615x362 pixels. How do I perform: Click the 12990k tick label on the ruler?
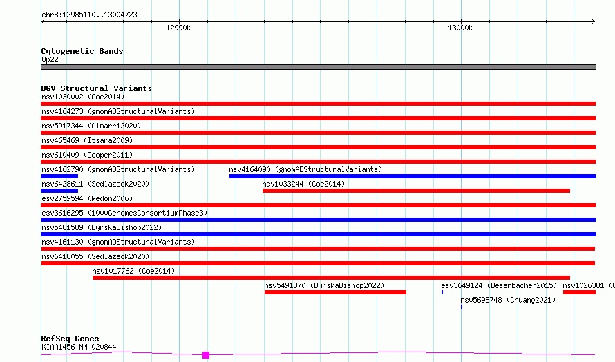coord(178,28)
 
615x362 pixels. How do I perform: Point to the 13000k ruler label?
coord(460,28)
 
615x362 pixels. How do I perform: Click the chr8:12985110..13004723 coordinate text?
coord(89,15)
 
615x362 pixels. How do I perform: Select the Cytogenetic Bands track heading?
coord(82,51)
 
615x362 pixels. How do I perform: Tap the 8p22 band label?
coord(50,59)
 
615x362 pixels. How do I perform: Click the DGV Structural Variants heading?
coord(97,88)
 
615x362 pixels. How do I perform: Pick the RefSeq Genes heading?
coord(70,339)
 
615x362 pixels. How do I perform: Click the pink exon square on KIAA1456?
coord(206,355)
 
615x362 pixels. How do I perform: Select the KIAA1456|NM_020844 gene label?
coord(79,347)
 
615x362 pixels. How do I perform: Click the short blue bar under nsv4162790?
coord(59,176)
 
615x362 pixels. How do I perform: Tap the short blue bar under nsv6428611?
coord(59,191)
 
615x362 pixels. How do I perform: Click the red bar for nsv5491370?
coord(335,292)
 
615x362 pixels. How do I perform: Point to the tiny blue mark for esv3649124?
coord(442,292)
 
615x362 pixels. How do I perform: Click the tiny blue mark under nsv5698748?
coord(462,307)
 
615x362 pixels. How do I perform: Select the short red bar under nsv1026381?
coord(579,292)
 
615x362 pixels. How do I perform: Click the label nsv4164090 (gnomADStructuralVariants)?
coord(305,169)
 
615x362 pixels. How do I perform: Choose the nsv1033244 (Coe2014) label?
coord(303,184)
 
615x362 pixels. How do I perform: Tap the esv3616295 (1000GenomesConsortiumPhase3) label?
coord(124,213)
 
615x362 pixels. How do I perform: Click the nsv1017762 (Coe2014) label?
coord(133,271)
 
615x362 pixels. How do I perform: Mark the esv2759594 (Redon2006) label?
coord(87,198)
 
